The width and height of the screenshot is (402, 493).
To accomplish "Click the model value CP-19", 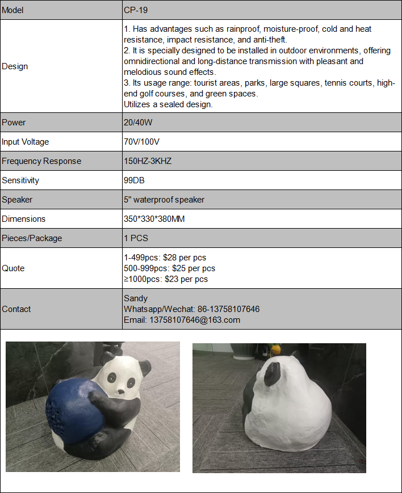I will tap(136, 11).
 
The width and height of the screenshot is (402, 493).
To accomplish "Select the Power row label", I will tap(14, 123).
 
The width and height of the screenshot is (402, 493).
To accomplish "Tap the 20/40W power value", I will tap(137, 123).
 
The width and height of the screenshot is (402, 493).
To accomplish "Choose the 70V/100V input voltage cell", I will tap(141, 142).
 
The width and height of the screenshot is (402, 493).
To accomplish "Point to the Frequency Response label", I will tap(41, 161).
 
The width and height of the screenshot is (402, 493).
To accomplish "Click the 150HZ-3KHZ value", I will tap(147, 161).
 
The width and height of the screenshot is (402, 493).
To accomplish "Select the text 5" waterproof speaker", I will tap(164, 200).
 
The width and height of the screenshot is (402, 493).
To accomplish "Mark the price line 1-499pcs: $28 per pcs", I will tap(165, 258).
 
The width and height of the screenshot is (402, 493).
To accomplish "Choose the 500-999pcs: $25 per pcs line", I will tap(169, 268).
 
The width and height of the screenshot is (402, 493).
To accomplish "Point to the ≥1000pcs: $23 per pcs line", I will tap(166, 279).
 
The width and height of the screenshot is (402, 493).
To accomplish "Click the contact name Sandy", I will tap(136, 298).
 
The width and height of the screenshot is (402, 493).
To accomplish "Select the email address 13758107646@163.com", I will tap(182, 320).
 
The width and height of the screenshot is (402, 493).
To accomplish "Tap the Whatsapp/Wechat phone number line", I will tap(191, 309).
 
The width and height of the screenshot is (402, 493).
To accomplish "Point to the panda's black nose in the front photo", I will tap(121, 391).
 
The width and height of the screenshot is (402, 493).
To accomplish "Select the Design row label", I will tap(15, 66).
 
